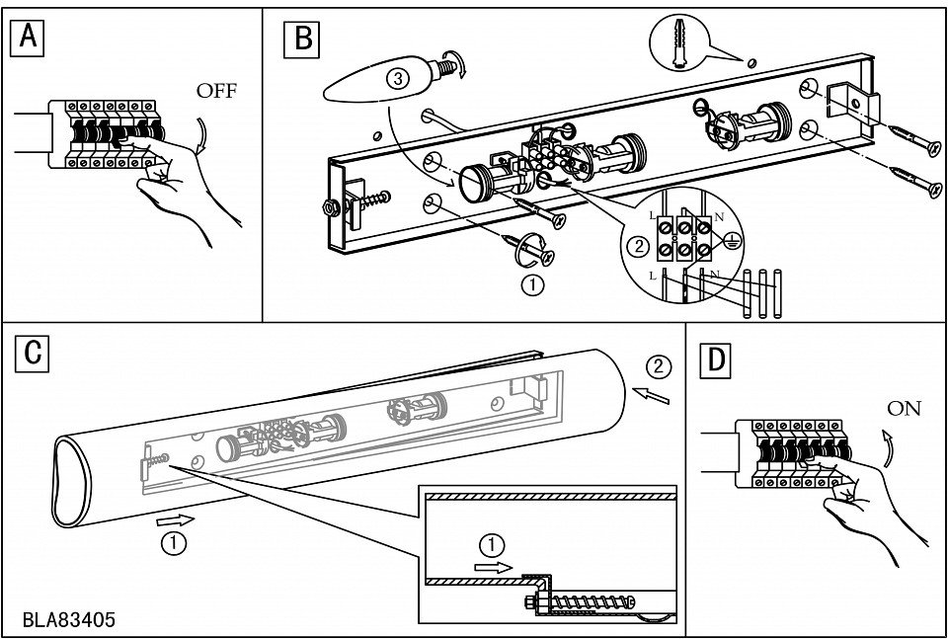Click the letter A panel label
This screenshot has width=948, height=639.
28,38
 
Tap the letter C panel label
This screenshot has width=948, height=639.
32,353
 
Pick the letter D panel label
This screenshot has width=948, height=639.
715,360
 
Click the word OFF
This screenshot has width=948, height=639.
216,91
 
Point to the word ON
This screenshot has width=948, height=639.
904,409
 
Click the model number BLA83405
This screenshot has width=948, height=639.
68,619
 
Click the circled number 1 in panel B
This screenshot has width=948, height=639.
532,285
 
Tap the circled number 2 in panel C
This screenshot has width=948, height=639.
658,367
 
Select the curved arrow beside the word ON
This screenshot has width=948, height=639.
887,448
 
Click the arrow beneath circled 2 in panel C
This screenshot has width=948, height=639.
651,396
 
